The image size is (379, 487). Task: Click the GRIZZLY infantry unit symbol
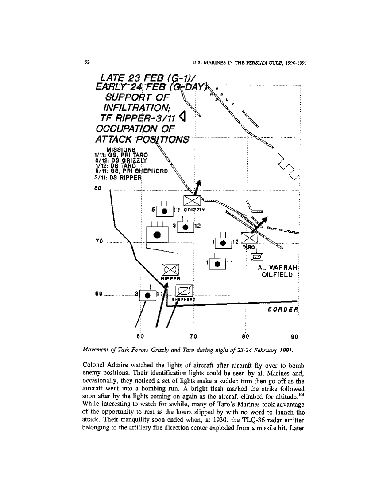coord(192,201)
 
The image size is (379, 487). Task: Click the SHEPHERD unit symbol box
coord(184,291)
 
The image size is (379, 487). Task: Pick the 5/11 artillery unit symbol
coord(164,210)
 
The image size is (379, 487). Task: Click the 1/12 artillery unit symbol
coord(223,242)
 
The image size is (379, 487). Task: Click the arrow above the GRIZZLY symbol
coord(197,188)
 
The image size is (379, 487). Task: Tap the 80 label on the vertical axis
coord(99,187)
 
